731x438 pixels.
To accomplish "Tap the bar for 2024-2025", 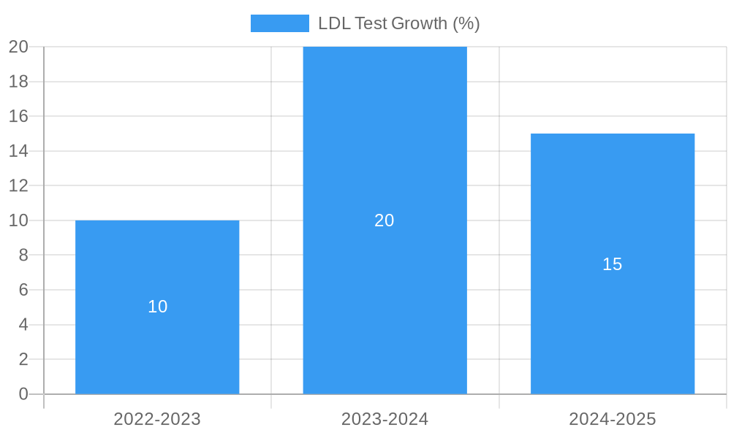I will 613,328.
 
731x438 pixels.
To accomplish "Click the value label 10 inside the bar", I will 157,307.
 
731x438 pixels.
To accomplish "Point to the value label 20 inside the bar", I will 385,220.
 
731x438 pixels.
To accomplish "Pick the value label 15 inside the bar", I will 613,264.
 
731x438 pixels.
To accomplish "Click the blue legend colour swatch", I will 279,23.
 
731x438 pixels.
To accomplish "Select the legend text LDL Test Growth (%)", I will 398,23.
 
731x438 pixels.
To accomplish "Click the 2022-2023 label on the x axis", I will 157,419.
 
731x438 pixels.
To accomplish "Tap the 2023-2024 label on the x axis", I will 385,419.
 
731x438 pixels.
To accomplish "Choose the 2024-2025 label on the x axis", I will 613,419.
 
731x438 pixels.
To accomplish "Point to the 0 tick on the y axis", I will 23,394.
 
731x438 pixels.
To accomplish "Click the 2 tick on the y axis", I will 23,359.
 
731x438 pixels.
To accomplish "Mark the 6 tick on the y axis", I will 23,290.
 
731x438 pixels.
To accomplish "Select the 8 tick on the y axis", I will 23,255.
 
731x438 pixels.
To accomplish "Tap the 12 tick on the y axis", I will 18,185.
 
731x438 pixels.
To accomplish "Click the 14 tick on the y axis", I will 18,151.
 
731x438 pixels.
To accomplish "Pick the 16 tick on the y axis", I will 18,116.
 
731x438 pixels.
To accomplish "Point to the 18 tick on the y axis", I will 18,81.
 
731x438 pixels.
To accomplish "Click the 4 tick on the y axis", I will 23,324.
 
